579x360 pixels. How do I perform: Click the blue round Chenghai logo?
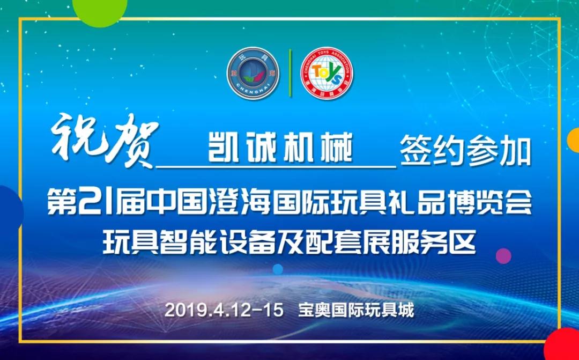[x=253, y=73]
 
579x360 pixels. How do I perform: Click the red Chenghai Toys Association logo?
[x=326, y=73]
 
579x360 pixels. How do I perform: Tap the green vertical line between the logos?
[x=290, y=73]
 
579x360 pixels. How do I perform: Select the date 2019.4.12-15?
[x=224, y=310]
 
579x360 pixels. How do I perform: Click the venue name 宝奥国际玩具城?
[x=357, y=310]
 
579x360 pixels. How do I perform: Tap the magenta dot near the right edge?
[x=503, y=256]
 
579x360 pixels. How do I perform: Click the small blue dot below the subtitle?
[x=278, y=269]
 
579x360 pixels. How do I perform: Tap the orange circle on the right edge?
[x=574, y=140]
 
